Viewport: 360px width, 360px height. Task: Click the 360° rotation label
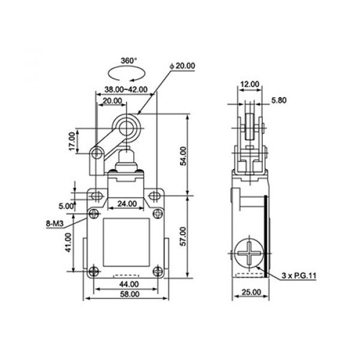tap(129, 61)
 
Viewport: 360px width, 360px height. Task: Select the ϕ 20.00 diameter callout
tap(182, 66)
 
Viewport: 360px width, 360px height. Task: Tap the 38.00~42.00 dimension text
tap(126, 89)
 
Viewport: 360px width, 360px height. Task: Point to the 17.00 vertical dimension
tap(72, 142)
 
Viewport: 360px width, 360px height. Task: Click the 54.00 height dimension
tap(184, 156)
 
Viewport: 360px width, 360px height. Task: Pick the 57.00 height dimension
tap(184, 236)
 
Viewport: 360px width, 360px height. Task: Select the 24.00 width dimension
tap(127, 203)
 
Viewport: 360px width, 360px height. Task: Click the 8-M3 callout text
tap(55, 223)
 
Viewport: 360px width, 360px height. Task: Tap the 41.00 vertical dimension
tap(69, 242)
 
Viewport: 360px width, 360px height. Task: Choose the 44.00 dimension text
tap(129, 284)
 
